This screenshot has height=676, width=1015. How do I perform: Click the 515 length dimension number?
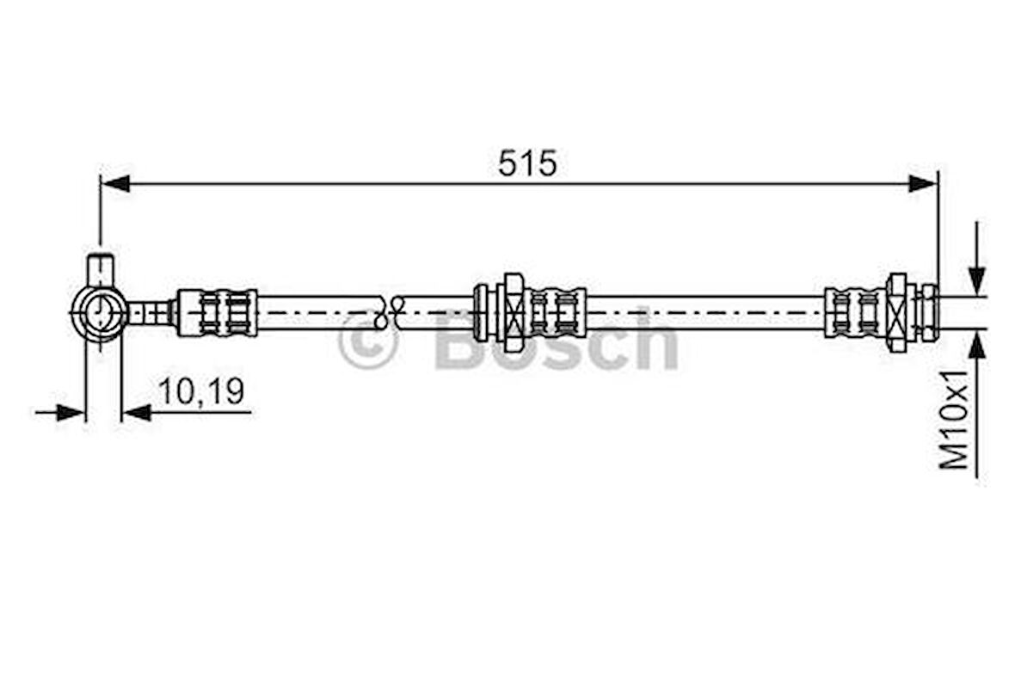pyautogui.click(x=526, y=163)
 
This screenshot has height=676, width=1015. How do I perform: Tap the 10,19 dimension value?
pyautogui.click(x=200, y=392)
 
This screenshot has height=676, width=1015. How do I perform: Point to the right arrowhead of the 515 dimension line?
pyautogui.click(x=922, y=183)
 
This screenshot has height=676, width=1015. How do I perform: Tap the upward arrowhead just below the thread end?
pyautogui.click(x=976, y=347)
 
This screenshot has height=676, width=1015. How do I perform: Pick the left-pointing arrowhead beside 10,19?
pyautogui.click(x=137, y=413)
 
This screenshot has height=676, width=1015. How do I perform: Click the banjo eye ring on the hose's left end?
pyautogui.click(x=99, y=313)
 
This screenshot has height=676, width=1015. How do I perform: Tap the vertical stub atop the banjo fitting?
pyautogui.click(x=101, y=269)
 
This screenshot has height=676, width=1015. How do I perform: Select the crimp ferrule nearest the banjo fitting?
pyautogui.click(x=217, y=312)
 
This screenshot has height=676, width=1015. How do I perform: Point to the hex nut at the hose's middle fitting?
pyautogui.click(x=513, y=312)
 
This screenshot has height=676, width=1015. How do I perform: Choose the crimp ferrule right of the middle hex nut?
pyautogui.click(x=555, y=312)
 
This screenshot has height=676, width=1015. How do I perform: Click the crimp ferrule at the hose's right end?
pyautogui.click(x=854, y=312)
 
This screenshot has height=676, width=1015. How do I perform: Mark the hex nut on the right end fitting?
pyautogui.click(x=896, y=312)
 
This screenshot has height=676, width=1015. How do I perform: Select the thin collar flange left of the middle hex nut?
pyautogui.click(x=481, y=312)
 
